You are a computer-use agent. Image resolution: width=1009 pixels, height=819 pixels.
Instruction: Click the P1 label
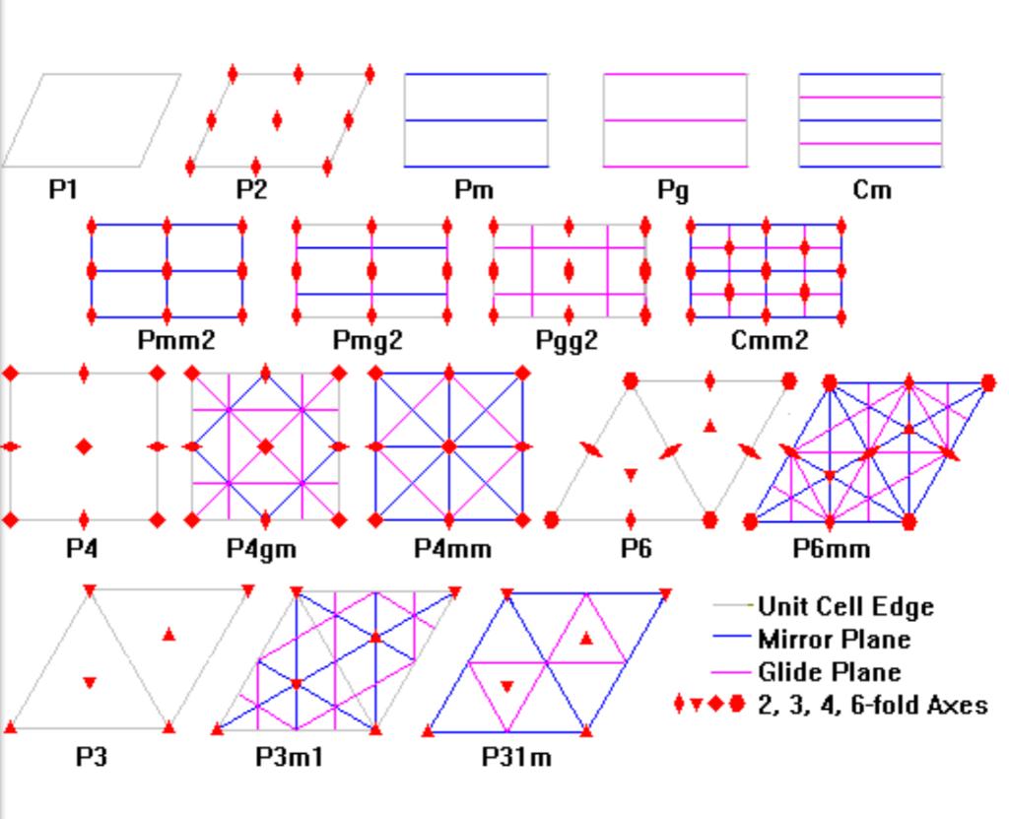64,189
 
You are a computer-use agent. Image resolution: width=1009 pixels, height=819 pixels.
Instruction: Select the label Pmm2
176,341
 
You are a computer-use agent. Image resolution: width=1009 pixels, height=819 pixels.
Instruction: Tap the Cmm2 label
770,341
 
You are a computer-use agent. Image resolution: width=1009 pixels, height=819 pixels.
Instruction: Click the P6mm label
832,548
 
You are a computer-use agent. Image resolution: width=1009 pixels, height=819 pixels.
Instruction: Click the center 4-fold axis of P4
84,446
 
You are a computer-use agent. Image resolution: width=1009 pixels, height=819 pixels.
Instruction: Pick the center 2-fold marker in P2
277,120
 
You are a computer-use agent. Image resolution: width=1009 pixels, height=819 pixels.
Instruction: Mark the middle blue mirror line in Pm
475,120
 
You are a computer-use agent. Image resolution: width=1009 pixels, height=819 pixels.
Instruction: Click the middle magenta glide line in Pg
674,120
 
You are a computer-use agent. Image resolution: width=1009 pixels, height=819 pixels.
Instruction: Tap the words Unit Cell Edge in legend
845,606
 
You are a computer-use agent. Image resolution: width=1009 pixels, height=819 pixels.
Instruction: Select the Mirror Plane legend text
834,639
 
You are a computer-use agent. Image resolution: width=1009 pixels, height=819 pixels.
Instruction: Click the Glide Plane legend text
829,672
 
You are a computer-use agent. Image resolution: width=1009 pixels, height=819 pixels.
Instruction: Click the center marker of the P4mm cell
449,446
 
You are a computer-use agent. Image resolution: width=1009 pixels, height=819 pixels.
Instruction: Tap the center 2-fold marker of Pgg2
568,270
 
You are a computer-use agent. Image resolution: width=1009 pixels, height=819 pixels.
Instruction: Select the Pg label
674,191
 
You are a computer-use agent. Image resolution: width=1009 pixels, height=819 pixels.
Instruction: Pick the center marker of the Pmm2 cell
167,270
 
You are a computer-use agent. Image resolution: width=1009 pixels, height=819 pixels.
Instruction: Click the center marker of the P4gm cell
265,446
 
